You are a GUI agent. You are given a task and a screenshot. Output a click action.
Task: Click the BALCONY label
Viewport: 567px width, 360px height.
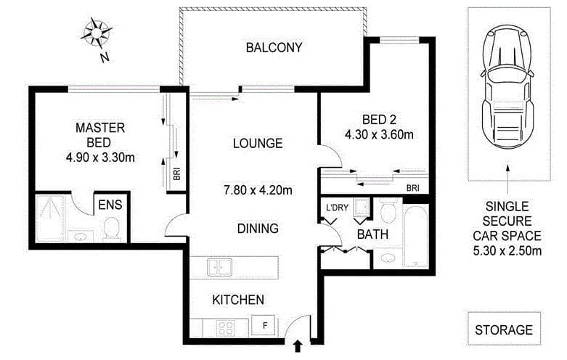274,49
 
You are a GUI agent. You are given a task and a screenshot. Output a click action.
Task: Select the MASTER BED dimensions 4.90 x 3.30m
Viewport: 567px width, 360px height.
100,157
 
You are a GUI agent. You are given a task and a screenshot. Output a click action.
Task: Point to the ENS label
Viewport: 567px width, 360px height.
110,205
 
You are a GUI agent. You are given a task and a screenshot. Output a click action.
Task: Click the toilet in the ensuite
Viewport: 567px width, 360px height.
112,229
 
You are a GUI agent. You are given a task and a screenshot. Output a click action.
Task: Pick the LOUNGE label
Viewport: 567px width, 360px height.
258,143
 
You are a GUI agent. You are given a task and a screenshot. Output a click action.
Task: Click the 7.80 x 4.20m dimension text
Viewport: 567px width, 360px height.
258,191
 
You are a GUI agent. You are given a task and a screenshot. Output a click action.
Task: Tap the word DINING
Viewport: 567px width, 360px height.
258,229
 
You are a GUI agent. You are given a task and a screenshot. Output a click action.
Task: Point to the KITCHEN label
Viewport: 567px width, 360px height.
237,299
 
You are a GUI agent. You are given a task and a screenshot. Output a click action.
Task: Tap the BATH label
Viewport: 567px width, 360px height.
372,234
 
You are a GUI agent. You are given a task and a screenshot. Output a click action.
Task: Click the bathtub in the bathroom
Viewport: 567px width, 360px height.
416,236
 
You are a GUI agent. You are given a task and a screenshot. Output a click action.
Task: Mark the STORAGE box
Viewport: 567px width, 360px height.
504,330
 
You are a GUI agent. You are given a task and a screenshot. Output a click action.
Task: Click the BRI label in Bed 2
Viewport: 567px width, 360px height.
412,188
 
